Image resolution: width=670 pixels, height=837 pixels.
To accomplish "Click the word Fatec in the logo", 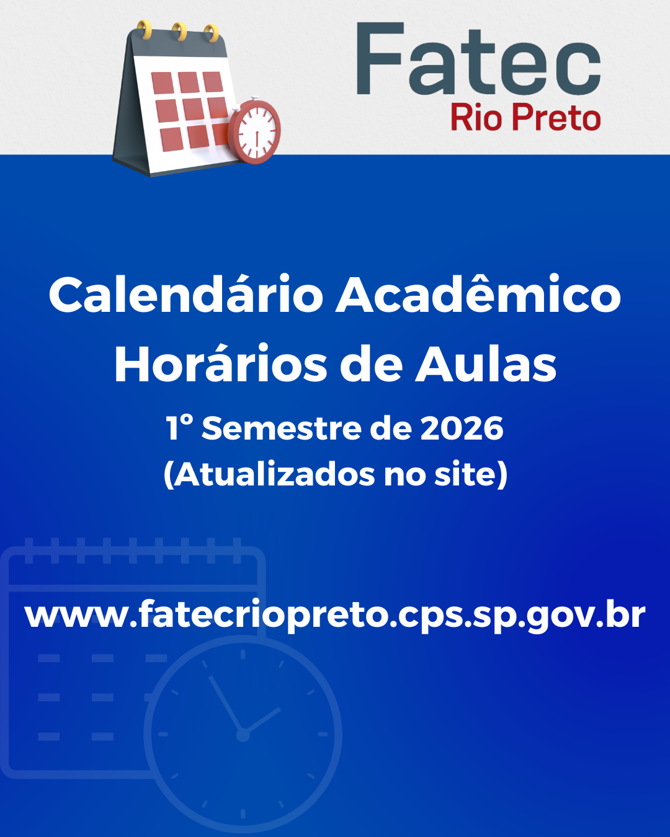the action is [478, 58].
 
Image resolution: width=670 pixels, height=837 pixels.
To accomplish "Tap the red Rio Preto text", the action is [525, 117].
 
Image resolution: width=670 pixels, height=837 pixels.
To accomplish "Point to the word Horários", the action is [220, 364].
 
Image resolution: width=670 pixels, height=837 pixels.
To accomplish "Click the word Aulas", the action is [486, 364].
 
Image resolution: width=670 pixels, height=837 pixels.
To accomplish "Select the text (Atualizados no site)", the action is [335, 474].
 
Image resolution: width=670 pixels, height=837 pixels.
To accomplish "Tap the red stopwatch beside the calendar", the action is [254, 131].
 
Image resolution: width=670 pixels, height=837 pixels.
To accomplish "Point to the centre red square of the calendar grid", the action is [193, 109].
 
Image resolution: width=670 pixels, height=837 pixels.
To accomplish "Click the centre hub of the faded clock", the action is [243, 735].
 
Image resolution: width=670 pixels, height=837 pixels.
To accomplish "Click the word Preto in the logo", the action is [556, 117].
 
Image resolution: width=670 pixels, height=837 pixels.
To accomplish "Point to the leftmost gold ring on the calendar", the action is [145, 30].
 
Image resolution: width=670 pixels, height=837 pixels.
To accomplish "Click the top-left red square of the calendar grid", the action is [163, 83].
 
